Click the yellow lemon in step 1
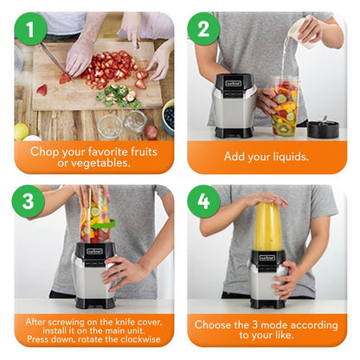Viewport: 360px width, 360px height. [22, 131]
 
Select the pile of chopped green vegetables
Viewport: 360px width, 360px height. [119, 94]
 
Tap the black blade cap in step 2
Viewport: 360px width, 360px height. [323, 129]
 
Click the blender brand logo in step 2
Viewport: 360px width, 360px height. [234, 84]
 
